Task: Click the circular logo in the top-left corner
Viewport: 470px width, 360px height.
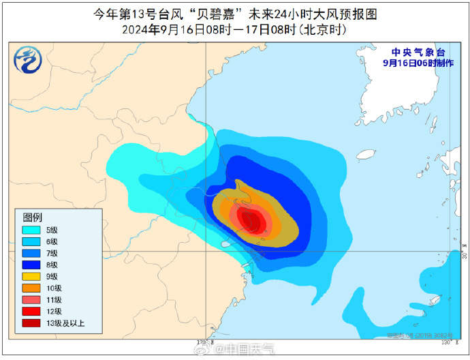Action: coord(28,62)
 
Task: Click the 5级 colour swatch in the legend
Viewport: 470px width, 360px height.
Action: coord(31,230)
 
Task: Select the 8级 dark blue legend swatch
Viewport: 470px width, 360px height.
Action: coord(31,265)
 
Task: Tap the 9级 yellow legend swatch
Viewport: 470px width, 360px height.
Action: coord(31,276)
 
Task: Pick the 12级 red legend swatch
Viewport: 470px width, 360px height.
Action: coord(31,311)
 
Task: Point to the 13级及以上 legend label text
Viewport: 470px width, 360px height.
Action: coord(65,322)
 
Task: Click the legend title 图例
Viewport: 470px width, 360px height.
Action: coord(33,217)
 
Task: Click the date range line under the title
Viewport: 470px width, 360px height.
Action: coord(234,30)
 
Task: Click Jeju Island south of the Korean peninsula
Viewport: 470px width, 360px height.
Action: coord(366,155)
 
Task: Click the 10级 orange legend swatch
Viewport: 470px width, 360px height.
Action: coord(31,288)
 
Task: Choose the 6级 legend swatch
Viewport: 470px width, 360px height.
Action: coord(31,241)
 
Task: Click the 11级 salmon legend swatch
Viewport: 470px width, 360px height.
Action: coord(31,299)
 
